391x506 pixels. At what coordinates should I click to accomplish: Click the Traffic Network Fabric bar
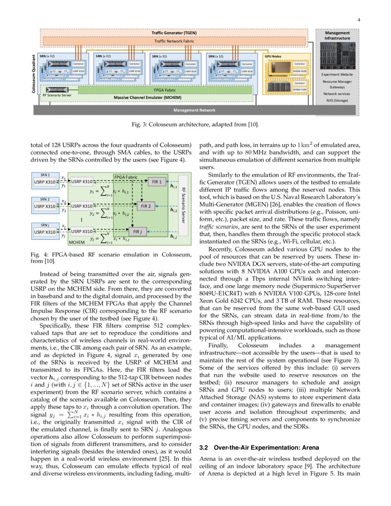[x=173, y=41]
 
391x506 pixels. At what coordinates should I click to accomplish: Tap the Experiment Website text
[x=337, y=74]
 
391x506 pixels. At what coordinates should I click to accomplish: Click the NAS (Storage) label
[x=337, y=100]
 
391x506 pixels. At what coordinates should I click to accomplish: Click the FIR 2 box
[x=146, y=206]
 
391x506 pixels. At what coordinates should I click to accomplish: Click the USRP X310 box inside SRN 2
[x=44, y=207]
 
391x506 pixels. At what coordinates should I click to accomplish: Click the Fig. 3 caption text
[x=195, y=124]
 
